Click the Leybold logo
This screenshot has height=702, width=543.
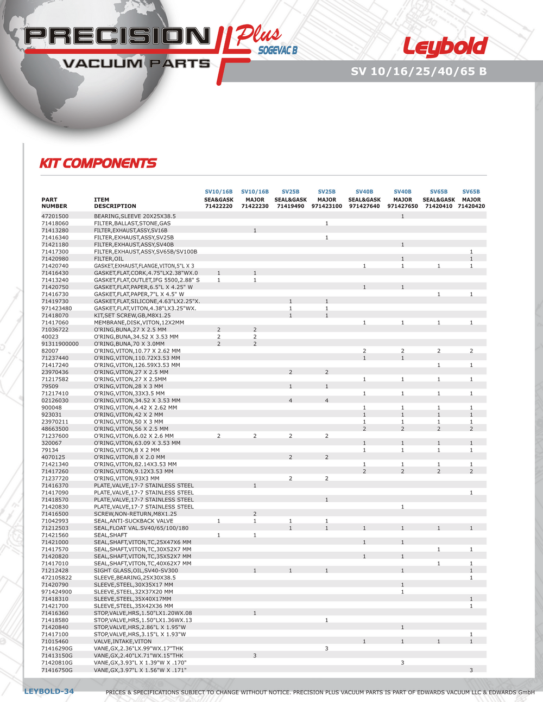(x=445, y=47)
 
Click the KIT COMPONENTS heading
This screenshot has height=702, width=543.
(x=98, y=163)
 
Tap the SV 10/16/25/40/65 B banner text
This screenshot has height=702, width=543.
(x=419, y=71)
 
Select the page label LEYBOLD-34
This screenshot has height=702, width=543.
(x=49, y=691)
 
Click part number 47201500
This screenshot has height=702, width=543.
(x=55, y=216)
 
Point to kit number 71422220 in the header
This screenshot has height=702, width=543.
(x=218, y=206)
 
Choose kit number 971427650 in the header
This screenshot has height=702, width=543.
(x=402, y=206)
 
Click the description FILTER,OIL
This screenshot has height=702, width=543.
(x=109, y=259)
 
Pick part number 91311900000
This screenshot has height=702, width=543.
(x=60, y=343)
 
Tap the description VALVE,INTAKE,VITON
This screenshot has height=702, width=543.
(x=123, y=641)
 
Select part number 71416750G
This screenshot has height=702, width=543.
(x=57, y=670)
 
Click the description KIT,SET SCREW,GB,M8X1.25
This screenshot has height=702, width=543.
(x=132, y=315)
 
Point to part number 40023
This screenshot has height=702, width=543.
(x=49, y=336)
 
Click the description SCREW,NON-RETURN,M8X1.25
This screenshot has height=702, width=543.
(x=135, y=514)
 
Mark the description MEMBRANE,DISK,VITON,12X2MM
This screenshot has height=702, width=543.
(x=139, y=322)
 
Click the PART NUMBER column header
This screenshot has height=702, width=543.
(x=54, y=203)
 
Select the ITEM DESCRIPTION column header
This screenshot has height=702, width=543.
(x=115, y=203)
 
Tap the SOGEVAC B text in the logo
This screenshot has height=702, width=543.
(x=277, y=50)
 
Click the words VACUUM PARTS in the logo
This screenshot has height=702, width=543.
(x=136, y=63)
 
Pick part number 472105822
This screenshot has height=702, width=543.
(x=56, y=578)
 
